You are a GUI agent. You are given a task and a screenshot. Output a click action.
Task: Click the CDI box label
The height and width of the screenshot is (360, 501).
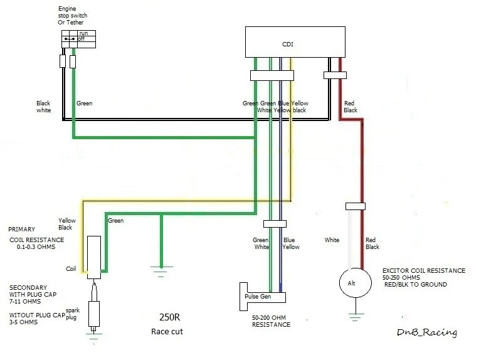tap(288, 44)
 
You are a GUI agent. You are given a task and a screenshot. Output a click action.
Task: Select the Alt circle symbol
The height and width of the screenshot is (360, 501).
tap(356, 283)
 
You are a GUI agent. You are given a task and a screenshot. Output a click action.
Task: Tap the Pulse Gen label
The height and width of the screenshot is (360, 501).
tap(258, 297)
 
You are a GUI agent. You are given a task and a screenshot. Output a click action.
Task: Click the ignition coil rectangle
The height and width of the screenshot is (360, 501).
tap(94, 257)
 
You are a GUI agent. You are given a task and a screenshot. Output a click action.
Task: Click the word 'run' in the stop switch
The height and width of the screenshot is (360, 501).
tap(84, 33)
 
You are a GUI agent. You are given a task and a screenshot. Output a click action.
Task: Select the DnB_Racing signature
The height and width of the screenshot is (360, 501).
tap(427, 332)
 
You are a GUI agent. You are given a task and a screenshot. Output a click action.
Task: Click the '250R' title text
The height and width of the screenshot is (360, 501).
tap(170, 317)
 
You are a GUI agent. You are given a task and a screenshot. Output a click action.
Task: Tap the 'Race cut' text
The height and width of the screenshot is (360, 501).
tap(167, 332)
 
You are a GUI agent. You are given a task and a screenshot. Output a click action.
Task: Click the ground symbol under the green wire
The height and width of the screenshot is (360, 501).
tap(161, 271)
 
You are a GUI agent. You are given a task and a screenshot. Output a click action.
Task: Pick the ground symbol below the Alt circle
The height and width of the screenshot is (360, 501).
tap(356, 317)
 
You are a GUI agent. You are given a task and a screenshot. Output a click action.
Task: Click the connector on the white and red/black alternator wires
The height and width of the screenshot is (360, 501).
tap(356, 206)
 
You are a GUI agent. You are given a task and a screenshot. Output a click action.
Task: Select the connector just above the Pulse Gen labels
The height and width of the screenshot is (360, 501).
tap(275, 224)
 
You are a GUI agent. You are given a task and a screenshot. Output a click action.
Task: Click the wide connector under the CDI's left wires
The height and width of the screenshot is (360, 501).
tap(272, 75)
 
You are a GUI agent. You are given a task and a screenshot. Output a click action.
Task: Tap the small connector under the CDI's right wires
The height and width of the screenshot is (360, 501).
tap(335, 75)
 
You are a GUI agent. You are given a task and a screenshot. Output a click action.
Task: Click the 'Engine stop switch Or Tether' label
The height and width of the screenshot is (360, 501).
tap(72, 15)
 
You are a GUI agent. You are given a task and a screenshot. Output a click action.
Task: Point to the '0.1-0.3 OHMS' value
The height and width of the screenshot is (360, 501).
tap(36, 247)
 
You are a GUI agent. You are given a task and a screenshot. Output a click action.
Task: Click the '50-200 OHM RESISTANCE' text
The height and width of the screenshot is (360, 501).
tap(271, 321)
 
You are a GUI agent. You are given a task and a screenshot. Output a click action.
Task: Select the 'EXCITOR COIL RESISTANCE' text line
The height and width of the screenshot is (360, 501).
tap(424, 270)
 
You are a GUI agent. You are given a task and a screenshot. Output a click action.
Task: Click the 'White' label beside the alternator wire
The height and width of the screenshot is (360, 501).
tap(332, 240)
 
